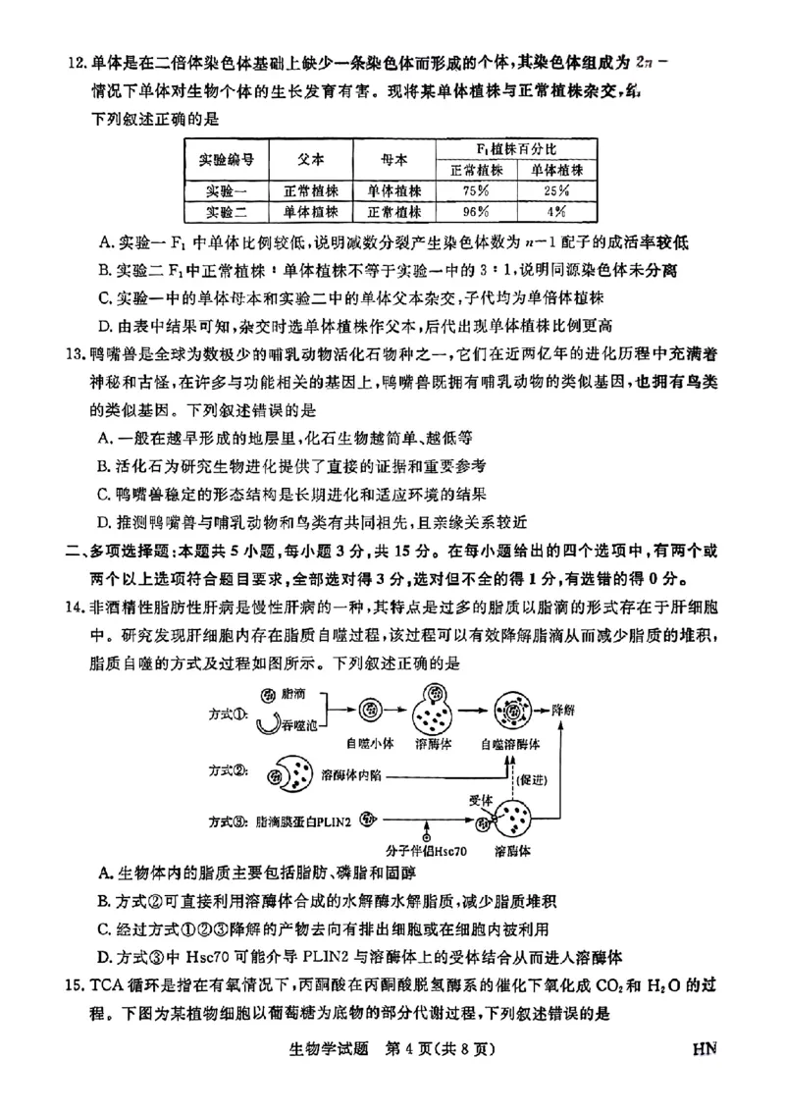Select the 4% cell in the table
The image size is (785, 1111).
(556, 211)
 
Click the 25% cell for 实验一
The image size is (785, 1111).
(556, 190)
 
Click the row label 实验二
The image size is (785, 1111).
(228, 211)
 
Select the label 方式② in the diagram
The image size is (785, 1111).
(229, 768)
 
